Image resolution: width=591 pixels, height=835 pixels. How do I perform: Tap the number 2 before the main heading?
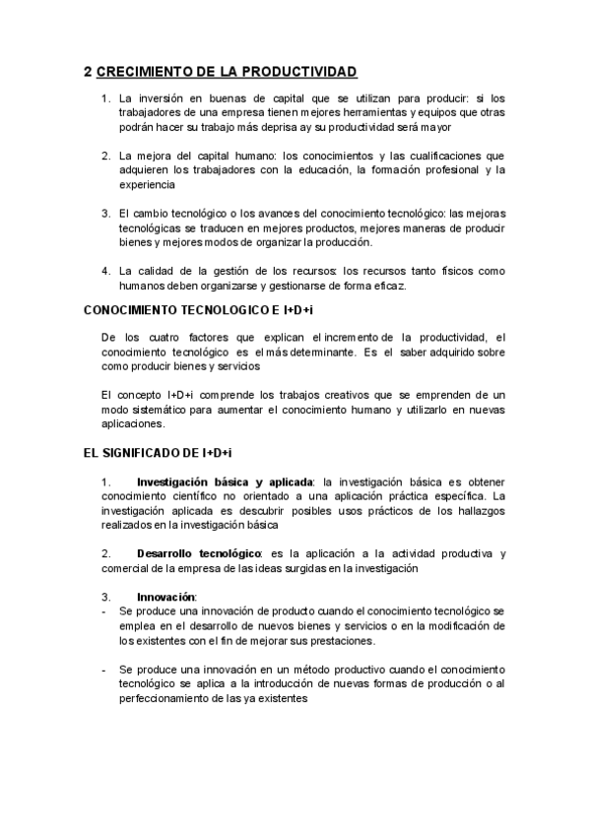88,71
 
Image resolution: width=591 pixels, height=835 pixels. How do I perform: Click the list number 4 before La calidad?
105,270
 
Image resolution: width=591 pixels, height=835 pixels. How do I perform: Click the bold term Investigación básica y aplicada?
224,481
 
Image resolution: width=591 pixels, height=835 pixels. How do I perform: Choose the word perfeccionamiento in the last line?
174,698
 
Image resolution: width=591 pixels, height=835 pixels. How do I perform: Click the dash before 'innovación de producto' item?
105,611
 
